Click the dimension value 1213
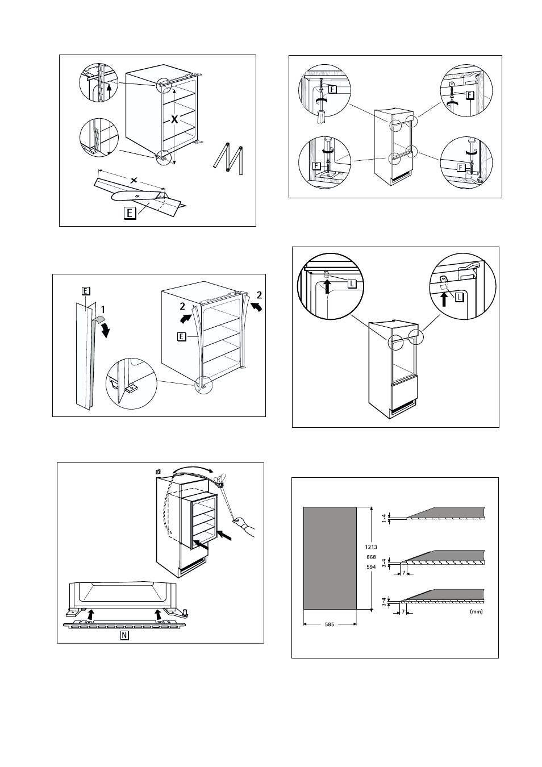pyautogui.click(x=372, y=547)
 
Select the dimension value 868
pyautogui.click(x=372, y=556)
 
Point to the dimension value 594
pyautogui.click(x=372, y=565)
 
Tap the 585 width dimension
pyautogui.click(x=330, y=624)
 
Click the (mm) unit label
pyautogui.click(x=476, y=612)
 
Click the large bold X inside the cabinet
pyautogui.click(x=176, y=119)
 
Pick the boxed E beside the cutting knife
pyautogui.click(x=131, y=214)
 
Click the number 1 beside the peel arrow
pyautogui.click(x=103, y=310)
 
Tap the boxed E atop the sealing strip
pyautogui.click(x=85, y=291)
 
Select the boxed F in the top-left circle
pyautogui.click(x=332, y=89)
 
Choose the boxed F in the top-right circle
pyautogui.click(x=469, y=95)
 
